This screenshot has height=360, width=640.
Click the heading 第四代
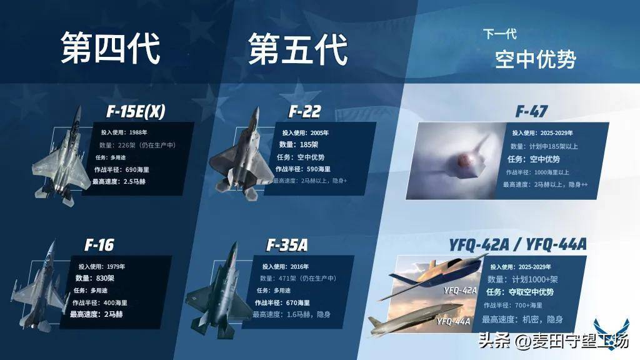(x=110, y=48)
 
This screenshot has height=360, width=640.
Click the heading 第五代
(x=298, y=49)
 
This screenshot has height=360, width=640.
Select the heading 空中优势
(x=536, y=59)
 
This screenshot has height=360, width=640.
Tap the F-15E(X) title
(x=136, y=111)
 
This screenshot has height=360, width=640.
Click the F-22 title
(x=305, y=111)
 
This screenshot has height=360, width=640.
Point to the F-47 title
(x=531, y=111)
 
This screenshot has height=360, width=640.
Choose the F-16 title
(x=99, y=245)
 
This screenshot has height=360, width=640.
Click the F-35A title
(x=287, y=245)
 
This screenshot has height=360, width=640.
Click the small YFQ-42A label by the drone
(x=461, y=290)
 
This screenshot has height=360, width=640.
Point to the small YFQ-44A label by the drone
(x=454, y=321)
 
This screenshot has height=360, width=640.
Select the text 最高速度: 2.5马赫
(x=119, y=182)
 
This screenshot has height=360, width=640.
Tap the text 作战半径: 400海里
(x=100, y=303)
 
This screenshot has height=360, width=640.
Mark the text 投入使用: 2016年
(x=285, y=266)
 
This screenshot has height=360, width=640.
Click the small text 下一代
(x=500, y=34)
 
